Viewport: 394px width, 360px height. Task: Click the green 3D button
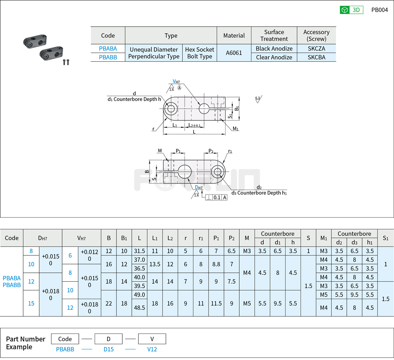351,10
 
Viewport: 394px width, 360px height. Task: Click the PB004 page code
379,10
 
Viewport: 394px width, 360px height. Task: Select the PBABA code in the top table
108,49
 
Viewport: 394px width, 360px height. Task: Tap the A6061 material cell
234,53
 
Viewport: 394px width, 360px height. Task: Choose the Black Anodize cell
274,49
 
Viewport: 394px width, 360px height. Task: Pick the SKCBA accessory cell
316,57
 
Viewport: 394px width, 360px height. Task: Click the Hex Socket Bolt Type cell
199,53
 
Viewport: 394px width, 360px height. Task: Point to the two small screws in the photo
66,62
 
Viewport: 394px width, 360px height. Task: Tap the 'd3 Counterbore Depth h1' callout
262,193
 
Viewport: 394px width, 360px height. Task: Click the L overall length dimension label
194,132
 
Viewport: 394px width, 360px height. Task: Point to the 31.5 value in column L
139,251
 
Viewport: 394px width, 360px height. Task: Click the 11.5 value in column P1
216,303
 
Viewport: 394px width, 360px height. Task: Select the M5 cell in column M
247,303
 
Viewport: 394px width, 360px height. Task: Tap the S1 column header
386,238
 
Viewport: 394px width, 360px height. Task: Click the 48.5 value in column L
139,308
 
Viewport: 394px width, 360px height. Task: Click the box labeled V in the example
152,339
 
